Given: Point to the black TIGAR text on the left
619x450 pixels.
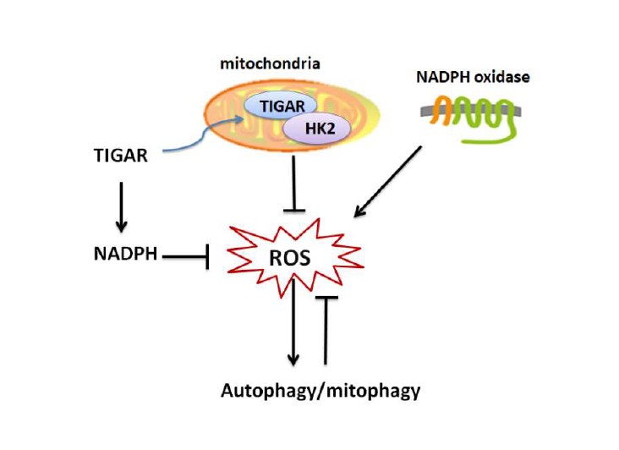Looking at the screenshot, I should (122, 156).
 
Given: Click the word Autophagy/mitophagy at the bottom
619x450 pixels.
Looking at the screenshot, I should (320, 391).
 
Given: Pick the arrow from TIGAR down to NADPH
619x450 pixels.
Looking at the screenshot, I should (121, 203).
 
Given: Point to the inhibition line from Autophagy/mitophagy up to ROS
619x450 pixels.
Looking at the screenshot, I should (326, 330).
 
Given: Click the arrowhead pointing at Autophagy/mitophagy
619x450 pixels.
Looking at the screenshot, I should (293, 360).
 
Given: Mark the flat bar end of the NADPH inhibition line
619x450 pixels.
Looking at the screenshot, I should (207, 253).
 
